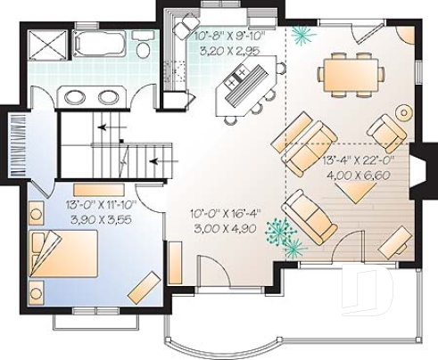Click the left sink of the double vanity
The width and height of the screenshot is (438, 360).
tap(76, 96)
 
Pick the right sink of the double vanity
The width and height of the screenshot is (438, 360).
tap(108, 96)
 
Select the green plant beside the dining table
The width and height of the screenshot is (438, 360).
tap(302, 34)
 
